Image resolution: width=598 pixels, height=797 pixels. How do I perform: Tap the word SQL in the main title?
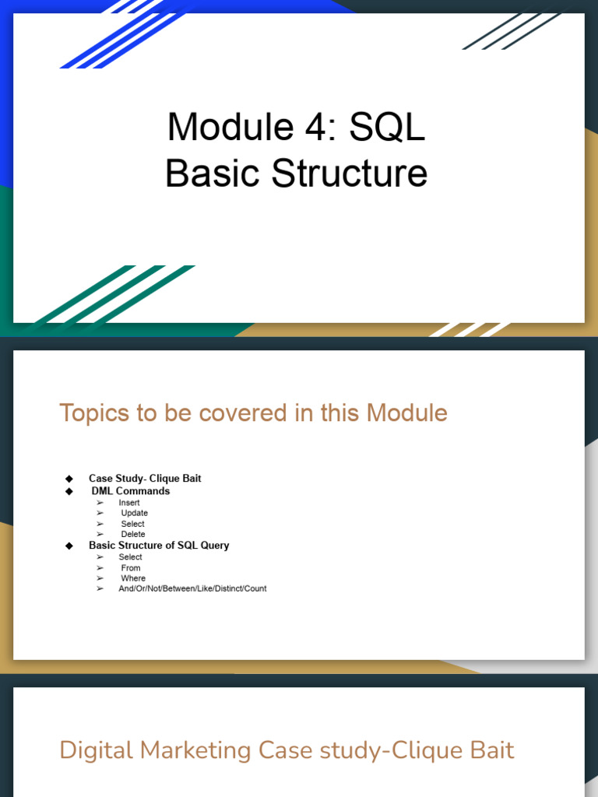coord(387,127)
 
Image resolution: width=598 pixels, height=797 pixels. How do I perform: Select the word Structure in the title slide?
coord(350,173)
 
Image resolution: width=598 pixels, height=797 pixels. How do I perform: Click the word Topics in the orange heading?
coord(94,413)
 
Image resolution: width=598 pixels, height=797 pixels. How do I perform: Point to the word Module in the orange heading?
coord(406,413)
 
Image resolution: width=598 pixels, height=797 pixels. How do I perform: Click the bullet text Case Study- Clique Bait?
coord(145,479)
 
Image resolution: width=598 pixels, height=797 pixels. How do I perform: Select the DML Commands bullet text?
coord(131,491)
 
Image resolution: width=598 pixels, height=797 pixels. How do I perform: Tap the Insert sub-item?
coord(129,503)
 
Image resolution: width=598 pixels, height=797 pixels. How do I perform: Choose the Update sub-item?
coord(134,513)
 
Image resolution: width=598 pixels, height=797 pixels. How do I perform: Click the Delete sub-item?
coord(133,534)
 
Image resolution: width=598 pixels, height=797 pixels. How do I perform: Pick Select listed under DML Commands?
coord(132,524)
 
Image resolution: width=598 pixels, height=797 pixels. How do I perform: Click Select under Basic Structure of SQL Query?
coord(130,557)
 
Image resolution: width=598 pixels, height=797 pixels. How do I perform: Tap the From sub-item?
coord(131,567)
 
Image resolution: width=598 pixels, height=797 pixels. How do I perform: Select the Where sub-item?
coord(133,578)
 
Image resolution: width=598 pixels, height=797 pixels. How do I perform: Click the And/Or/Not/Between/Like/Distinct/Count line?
coord(193,588)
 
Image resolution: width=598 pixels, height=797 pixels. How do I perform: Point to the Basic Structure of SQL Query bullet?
coord(159,546)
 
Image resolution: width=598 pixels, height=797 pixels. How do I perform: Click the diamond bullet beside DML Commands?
coord(69,491)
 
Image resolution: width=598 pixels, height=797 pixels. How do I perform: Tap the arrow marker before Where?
coord(100,578)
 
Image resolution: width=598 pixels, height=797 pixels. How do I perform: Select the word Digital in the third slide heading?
coord(97,751)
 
